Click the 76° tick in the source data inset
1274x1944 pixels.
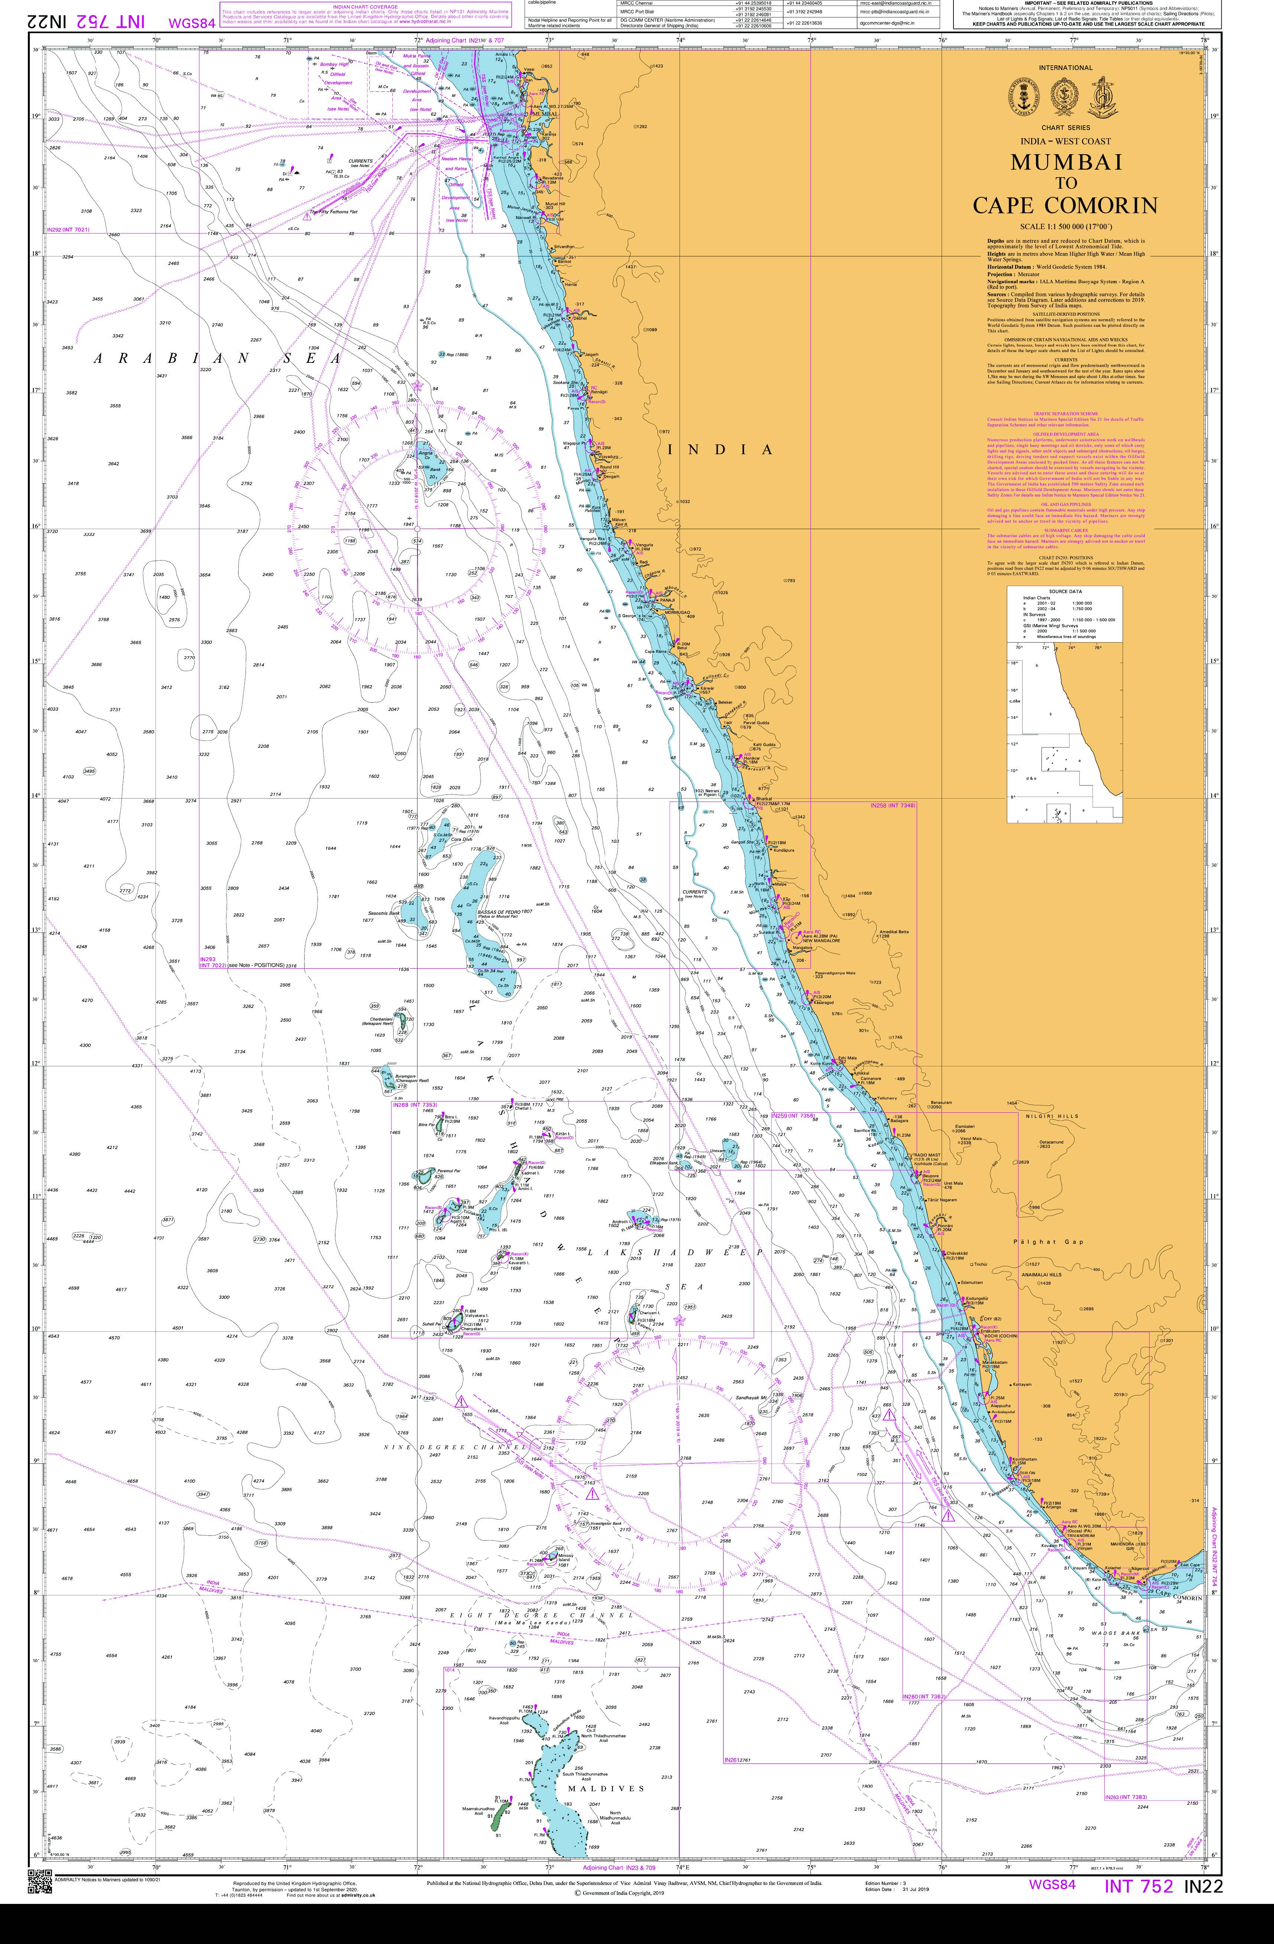point(1098,648)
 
